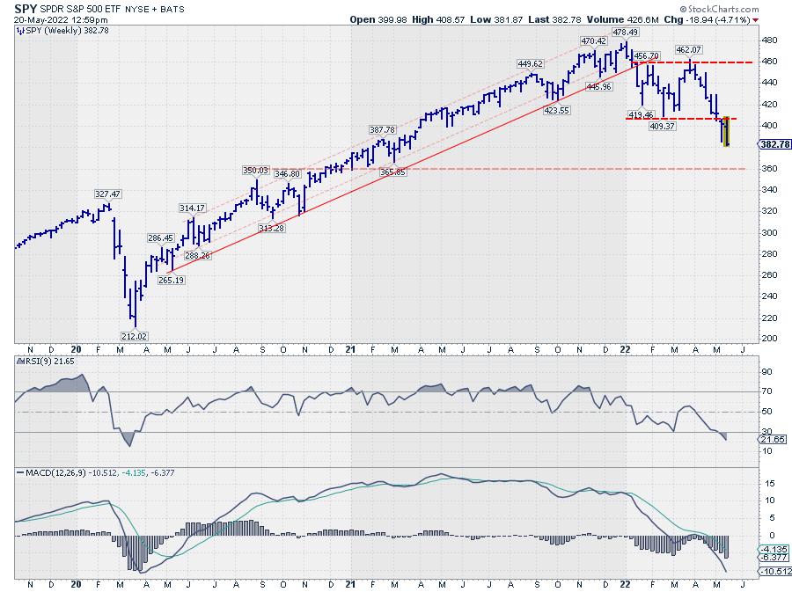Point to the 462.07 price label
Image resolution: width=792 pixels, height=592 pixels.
[x=688, y=49]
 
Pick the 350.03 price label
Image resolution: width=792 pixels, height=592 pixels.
[x=256, y=170]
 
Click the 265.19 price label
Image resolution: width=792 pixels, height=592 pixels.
[x=171, y=280]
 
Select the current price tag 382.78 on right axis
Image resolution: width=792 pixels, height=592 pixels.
[x=775, y=144]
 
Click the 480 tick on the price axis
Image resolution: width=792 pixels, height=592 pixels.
[x=767, y=40]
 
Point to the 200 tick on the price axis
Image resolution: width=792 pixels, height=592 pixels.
[x=767, y=339]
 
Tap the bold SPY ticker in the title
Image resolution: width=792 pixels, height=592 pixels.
[x=27, y=7]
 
